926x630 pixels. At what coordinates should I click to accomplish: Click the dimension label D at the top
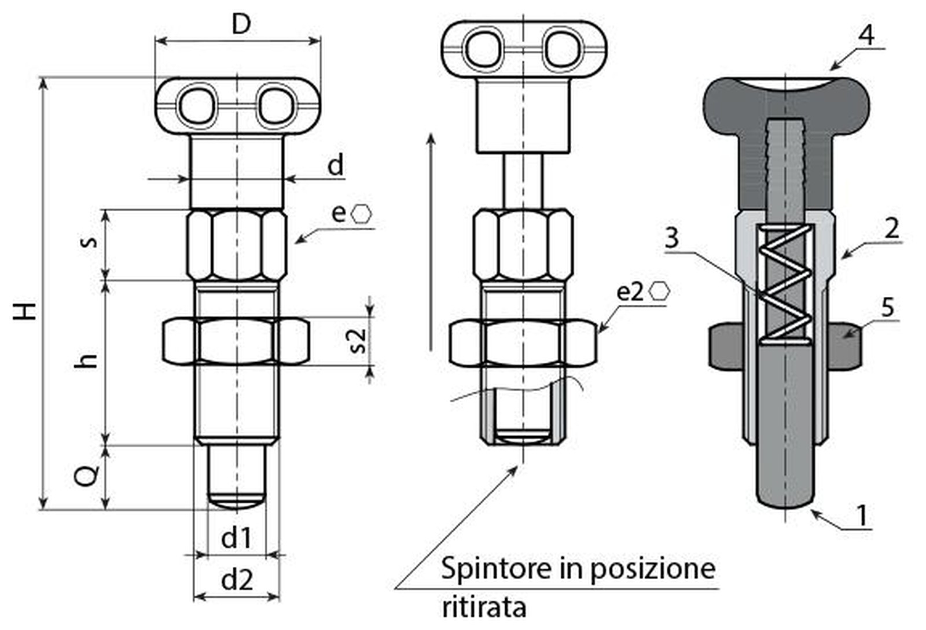click(241, 24)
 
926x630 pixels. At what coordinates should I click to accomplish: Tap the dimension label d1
click(236, 537)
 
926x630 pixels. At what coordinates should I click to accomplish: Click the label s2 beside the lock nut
click(359, 341)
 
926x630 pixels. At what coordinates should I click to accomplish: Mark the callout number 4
click(866, 35)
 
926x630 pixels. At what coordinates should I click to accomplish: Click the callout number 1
click(861, 514)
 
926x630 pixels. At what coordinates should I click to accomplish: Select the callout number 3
click(671, 238)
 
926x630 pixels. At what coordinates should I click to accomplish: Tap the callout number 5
click(888, 307)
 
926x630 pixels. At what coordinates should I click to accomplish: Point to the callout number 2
click(892, 228)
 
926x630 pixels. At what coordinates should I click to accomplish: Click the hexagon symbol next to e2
click(659, 291)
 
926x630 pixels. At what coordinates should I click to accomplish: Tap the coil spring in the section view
click(785, 283)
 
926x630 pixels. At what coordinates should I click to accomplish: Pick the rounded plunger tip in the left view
click(236, 499)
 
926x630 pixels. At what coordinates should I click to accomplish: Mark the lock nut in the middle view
click(523, 344)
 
